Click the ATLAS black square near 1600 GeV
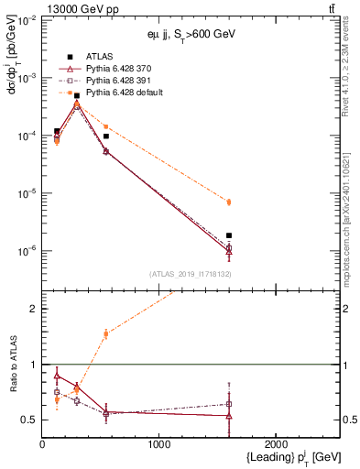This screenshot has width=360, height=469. (229, 235)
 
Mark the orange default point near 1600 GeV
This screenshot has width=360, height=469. (229, 202)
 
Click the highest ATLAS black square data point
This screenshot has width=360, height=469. (77, 95)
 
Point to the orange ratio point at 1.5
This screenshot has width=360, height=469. (106, 333)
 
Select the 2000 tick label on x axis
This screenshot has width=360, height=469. (277, 444)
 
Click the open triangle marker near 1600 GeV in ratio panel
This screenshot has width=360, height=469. (229, 416)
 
